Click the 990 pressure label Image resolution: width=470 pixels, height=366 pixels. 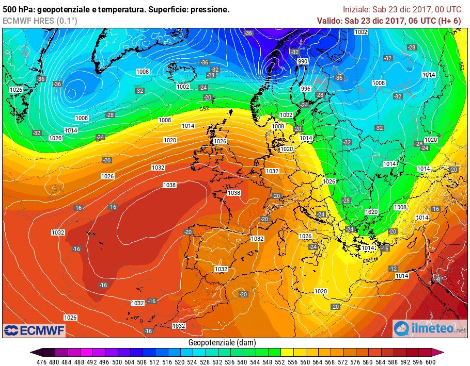point(303,61)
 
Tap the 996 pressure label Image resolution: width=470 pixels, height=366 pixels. point(306,88)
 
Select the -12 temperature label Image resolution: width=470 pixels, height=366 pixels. point(393,269)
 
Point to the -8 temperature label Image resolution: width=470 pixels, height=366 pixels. point(438,279)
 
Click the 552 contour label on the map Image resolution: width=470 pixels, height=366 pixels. point(205,109)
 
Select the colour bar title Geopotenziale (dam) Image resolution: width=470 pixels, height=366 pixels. point(222,342)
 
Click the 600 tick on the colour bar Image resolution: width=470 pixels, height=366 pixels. point(430,361)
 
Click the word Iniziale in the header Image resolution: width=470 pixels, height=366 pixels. point(356,9)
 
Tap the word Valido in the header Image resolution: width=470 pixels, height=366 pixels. point(329,21)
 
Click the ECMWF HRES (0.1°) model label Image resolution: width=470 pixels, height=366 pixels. point(40,21)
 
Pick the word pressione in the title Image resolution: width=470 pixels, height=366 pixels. point(211,9)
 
